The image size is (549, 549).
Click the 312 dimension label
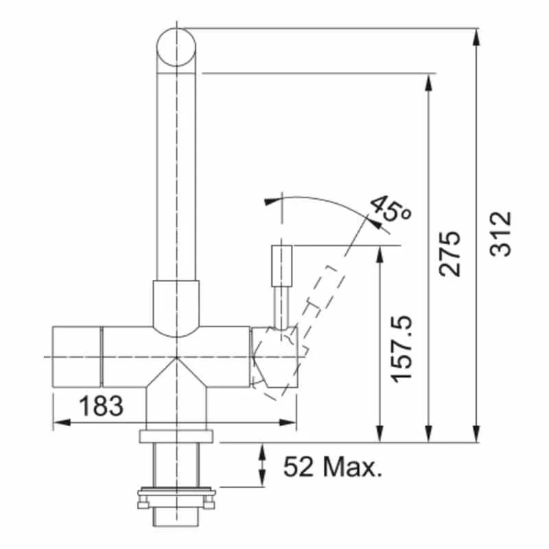click(502, 234)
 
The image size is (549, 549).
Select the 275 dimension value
click(450, 254)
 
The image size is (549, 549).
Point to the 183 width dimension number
click(101, 406)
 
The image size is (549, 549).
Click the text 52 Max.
click(332, 468)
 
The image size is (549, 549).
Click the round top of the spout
click(178, 47)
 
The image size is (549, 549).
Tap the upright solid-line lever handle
click(283, 266)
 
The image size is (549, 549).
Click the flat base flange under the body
click(177, 436)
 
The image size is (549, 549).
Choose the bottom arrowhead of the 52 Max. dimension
click(264, 480)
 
